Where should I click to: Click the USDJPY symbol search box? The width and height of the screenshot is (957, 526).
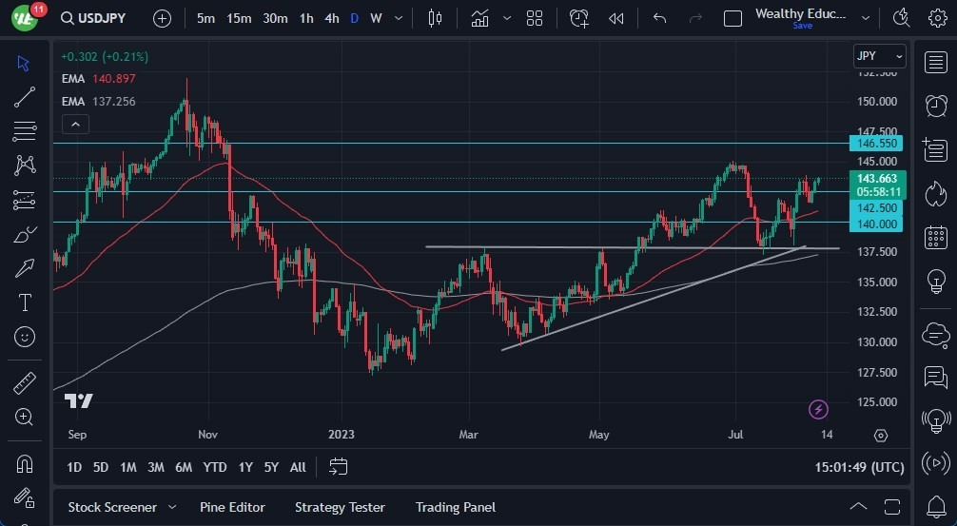tap(99, 18)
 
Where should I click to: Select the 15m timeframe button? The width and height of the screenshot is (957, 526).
tap(239, 18)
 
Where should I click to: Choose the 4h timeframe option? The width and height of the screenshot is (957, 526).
tap(331, 18)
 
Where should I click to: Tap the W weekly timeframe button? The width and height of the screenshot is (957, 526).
tap(376, 18)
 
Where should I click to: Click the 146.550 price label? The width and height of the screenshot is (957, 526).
tap(877, 144)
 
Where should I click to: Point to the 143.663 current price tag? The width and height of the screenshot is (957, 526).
tap(877, 178)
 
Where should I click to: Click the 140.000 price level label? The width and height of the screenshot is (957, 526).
tap(877, 224)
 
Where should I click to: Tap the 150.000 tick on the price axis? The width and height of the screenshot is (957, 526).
tap(876, 102)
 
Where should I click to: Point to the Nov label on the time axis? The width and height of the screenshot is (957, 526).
tap(208, 435)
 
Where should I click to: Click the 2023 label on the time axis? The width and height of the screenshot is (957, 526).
tap(341, 435)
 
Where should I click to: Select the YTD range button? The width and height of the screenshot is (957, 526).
tap(215, 467)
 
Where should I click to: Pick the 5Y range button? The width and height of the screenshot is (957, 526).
tap(271, 467)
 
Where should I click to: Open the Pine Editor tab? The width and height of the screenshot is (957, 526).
tap(232, 507)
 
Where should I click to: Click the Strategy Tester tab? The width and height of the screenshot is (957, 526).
tap(340, 507)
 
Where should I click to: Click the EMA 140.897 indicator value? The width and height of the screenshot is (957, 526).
tap(113, 78)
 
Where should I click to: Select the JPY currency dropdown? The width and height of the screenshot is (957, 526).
tap(879, 56)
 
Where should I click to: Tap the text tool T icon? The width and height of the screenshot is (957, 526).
tap(25, 302)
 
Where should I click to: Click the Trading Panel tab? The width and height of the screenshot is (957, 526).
tap(455, 507)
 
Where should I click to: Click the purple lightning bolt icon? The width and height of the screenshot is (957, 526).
tap(818, 410)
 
